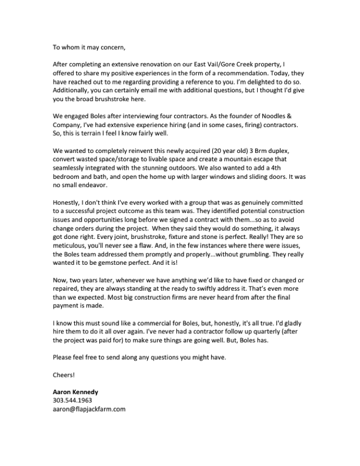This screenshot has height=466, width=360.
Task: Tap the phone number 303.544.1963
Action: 72,400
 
